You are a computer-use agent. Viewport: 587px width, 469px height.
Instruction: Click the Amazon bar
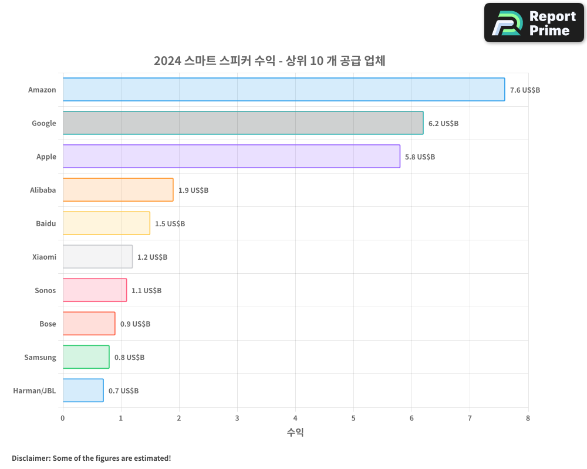click(x=284, y=90)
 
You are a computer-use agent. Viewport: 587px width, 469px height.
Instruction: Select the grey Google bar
click(x=243, y=123)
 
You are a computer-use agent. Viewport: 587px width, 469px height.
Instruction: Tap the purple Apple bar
click(x=231, y=157)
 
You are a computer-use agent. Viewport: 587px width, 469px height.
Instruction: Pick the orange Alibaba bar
click(x=118, y=190)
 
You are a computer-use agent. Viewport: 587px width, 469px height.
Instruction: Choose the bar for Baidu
click(x=106, y=223)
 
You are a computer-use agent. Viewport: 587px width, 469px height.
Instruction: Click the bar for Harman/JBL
click(x=83, y=390)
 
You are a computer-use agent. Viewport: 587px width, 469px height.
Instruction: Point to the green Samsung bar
click(x=86, y=357)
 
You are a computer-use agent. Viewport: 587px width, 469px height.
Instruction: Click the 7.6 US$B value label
click(x=525, y=90)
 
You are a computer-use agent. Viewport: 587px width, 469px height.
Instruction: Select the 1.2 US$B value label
click(x=152, y=257)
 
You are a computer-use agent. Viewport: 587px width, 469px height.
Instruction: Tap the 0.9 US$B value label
click(x=135, y=324)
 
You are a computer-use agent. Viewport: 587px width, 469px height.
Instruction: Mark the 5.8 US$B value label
click(x=420, y=157)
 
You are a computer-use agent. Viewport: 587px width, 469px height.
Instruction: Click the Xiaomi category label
click(x=44, y=257)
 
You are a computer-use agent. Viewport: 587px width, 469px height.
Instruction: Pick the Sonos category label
click(x=45, y=290)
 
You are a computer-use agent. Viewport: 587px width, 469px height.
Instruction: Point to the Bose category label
click(x=48, y=324)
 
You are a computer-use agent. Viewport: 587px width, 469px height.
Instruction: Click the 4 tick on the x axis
click(x=295, y=418)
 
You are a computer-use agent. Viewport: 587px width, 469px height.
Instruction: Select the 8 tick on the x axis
click(x=528, y=418)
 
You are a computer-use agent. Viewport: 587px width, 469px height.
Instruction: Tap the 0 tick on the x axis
click(x=63, y=418)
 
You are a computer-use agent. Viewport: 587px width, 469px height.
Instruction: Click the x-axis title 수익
click(x=295, y=433)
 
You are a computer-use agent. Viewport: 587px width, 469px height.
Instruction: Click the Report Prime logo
click(x=534, y=23)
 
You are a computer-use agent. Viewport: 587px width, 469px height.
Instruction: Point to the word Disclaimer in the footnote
click(x=30, y=458)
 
